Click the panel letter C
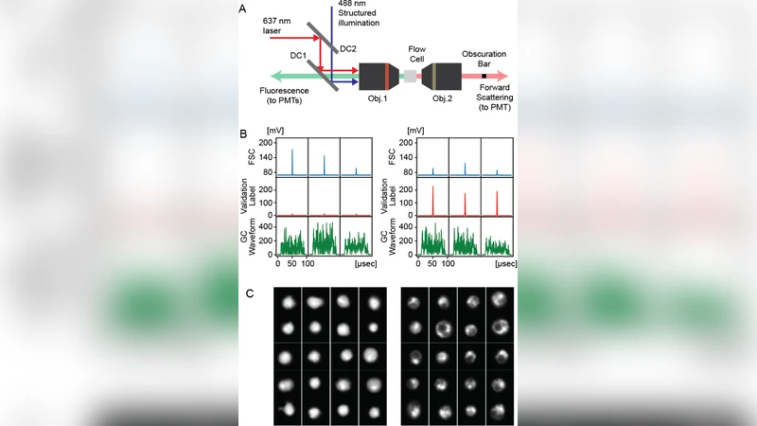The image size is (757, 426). tap(249, 293)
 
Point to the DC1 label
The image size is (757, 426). tap(299, 56)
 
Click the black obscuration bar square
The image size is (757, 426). tap(484, 75)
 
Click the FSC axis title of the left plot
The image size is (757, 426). tap(253, 157)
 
